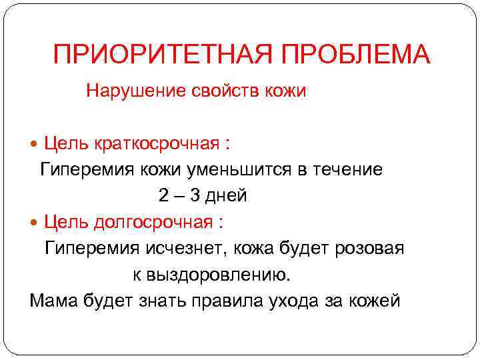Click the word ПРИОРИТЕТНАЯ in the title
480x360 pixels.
153,55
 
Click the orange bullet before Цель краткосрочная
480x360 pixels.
35,143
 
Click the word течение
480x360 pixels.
349,169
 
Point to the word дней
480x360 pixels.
227,195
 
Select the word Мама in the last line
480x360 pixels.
54,300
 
